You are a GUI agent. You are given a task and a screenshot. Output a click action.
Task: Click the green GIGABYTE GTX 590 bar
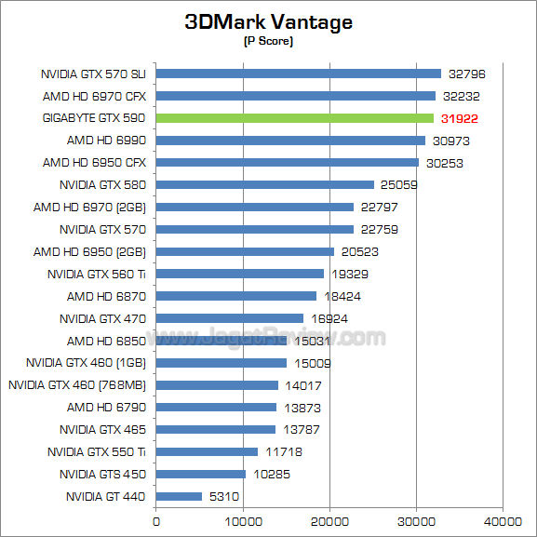[295, 118]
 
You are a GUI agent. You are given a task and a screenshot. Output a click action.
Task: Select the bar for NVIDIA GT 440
[179, 496]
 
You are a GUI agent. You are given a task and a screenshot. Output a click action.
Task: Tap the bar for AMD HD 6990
[290, 141]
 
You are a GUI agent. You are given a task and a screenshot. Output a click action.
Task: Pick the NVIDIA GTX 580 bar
[264, 185]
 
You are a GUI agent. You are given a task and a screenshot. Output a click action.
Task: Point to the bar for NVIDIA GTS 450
[200, 474]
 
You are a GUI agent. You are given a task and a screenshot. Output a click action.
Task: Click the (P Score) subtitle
[268, 41]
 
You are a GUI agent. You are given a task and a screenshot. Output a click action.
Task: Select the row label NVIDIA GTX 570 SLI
[94, 74]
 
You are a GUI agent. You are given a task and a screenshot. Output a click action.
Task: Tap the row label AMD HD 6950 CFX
[95, 163]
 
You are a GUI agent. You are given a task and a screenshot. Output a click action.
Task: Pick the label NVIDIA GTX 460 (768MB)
[77, 384]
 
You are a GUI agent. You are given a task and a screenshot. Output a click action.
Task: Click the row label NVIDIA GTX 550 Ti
[97, 451]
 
